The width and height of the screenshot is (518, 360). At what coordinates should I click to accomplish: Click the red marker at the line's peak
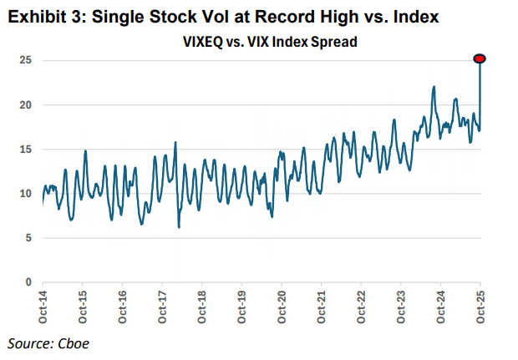tap(480, 58)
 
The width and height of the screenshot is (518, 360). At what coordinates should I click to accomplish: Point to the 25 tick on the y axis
tap(27, 60)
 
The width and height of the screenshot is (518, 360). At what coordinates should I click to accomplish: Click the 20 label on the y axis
tap(27, 104)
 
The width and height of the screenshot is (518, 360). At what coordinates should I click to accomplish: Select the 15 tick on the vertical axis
tap(27, 150)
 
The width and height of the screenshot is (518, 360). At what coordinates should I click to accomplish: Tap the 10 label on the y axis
tap(27, 194)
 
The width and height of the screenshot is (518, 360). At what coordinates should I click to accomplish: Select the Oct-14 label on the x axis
tap(43, 307)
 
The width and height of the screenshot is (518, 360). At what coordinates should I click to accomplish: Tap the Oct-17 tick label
tap(162, 307)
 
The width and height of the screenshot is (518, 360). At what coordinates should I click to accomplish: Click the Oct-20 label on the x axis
tap(282, 307)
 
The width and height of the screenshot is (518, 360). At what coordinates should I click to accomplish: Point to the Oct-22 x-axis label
tap(361, 307)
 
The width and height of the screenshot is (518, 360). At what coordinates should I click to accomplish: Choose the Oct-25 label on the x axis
tap(480, 307)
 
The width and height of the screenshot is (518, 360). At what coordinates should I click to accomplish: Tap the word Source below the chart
tap(28, 343)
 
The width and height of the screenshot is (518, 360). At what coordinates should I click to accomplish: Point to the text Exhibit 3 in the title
tap(37, 17)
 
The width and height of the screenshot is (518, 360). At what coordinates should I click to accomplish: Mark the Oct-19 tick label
tap(241, 307)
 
